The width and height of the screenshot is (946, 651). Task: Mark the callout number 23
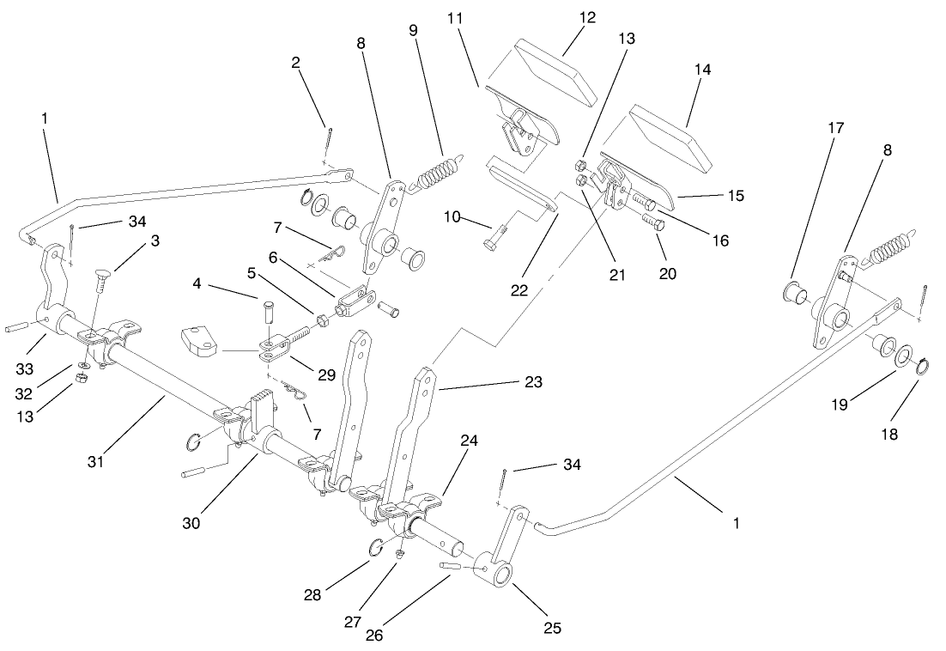533,382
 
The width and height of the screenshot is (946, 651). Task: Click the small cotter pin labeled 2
330,137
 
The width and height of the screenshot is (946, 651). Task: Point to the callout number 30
191,521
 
